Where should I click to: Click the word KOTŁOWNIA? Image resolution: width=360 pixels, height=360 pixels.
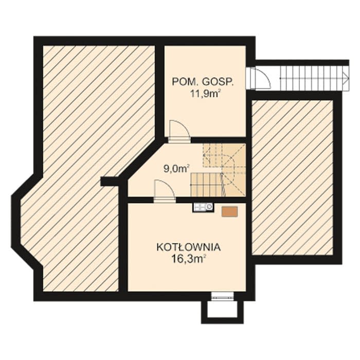pyautogui.click(x=188, y=247)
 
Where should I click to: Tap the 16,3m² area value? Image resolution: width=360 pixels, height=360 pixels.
pyautogui.click(x=188, y=259)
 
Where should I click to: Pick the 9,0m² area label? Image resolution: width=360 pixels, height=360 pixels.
pyautogui.click(x=176, y=169)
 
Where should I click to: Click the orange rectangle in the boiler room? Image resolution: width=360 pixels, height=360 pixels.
pyautogui.click(x=229, y=211)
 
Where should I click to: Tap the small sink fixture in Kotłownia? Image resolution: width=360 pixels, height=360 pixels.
pyautogui.click(x=203, y=207)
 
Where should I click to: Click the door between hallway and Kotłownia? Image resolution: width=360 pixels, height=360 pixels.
pyautogui.click(x=165, y=191)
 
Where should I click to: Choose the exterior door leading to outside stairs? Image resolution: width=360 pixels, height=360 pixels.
pyautogui.click(x=258, y=78)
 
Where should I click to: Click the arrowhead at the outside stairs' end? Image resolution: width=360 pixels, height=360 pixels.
pyautogui.click(x=346, y=78)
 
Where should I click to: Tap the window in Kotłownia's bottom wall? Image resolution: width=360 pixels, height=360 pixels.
pyautogui.click(x=222, y=296)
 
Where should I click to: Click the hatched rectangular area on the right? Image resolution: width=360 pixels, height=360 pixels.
pyautogui.click(x=293, y=177)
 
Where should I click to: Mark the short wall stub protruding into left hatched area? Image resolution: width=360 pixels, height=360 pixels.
pyautogui.click(x=111, y=182)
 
